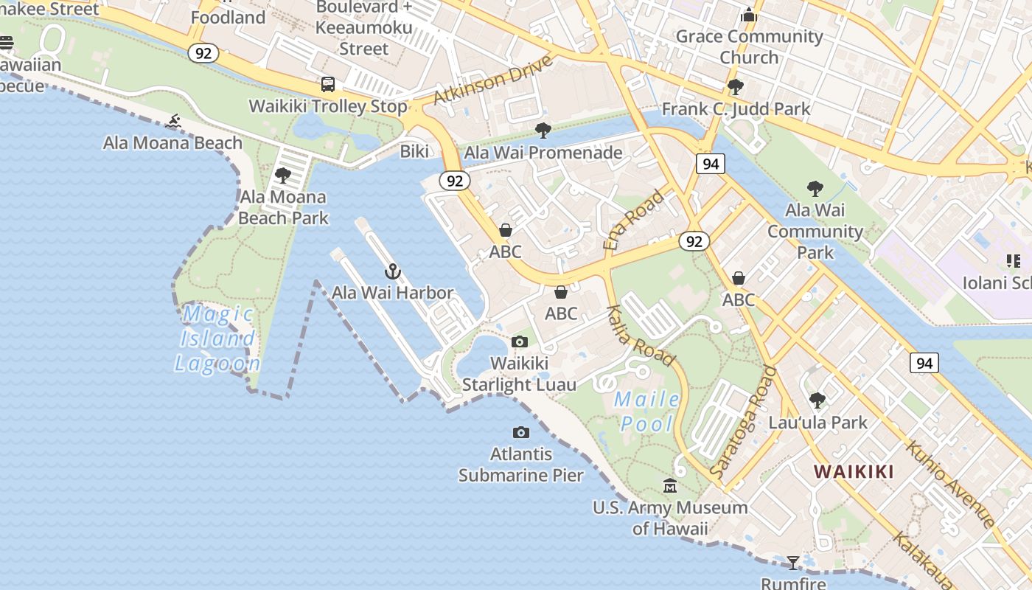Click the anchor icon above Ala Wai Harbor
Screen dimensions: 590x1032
click(393, 271)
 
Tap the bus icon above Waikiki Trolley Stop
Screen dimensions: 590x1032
click(328, 84)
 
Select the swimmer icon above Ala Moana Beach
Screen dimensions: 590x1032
click(174, 121)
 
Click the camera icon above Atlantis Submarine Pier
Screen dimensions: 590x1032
click(521, 432)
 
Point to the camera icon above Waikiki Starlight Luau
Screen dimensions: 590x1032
click(520, 341)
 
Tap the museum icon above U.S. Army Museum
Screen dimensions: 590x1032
click(670, 485)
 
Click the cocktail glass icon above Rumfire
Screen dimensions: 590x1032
click(793, 563)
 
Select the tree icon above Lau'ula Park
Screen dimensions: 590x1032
click(817, 400)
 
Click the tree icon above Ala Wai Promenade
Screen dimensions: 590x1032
click(543, 131)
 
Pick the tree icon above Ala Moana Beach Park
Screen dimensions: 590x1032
click(282, 176)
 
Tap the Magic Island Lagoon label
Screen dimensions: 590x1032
click(217, 339)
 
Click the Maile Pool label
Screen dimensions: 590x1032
click(647, 412)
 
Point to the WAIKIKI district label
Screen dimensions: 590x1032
click(854, 471)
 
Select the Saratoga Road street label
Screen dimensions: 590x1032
click(744, 420)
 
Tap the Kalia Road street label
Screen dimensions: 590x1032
click(640, 336)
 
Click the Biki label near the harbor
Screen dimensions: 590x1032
click(414, 151)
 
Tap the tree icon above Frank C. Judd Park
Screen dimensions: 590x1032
click(735, 87)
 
